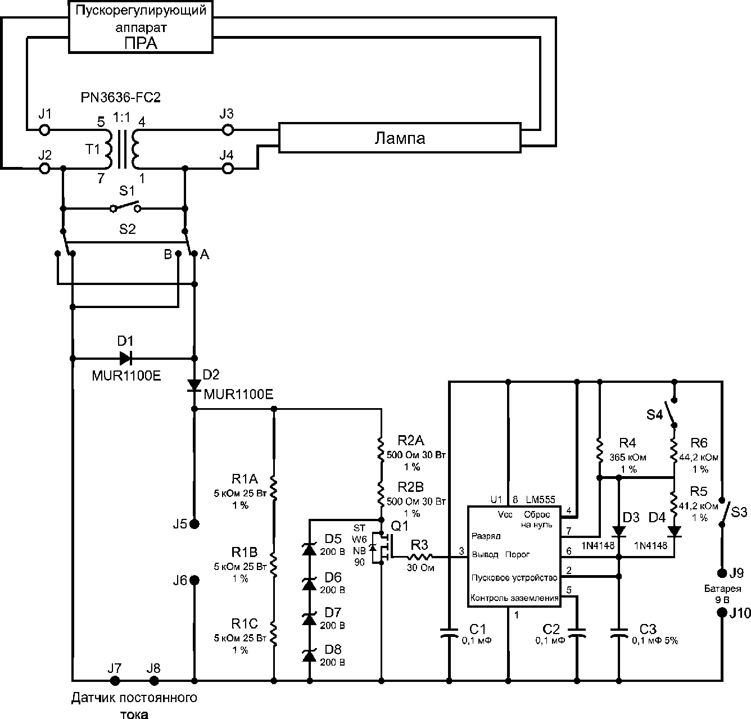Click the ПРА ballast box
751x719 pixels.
(141, 27)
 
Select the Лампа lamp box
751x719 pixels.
(400, 138)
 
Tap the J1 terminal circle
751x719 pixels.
(45, 130)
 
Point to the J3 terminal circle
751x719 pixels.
(228, 130)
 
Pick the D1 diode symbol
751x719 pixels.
(125, 358)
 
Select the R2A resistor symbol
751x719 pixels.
(381, 448)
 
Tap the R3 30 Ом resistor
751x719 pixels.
(419, 557)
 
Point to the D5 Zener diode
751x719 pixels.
(309, 549)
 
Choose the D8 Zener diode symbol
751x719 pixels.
(309, 655)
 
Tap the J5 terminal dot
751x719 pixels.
(194, 524)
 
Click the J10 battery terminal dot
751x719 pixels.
(722, 613)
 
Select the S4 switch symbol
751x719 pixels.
(672, 412)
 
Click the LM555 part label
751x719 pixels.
(540, 499)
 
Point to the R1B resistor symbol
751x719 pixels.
(274, 565)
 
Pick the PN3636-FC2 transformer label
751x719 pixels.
(120, 98)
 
